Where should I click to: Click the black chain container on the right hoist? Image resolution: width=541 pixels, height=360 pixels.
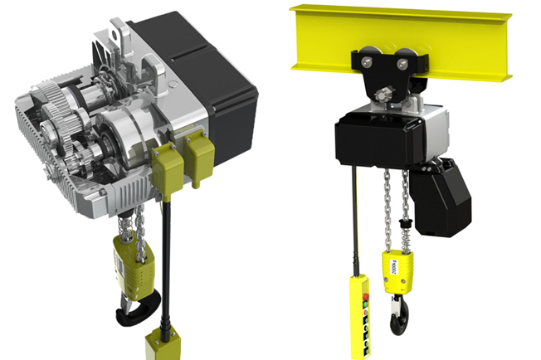(x=443, y=196)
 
